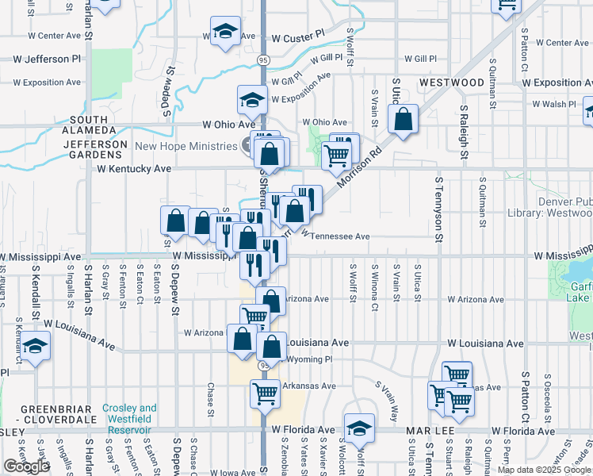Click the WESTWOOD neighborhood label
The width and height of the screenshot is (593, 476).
(451, 83)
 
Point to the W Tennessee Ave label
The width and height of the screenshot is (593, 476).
(335, 236)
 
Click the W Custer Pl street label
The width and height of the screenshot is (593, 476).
(298, 37)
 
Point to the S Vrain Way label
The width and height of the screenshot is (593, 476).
(388, 401)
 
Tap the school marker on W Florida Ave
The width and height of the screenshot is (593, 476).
(359, 427)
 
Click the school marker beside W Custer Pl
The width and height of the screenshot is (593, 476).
(226, 32)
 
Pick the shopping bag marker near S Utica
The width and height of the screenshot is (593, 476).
(403, 120)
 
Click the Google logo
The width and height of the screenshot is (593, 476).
(25, 466)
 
